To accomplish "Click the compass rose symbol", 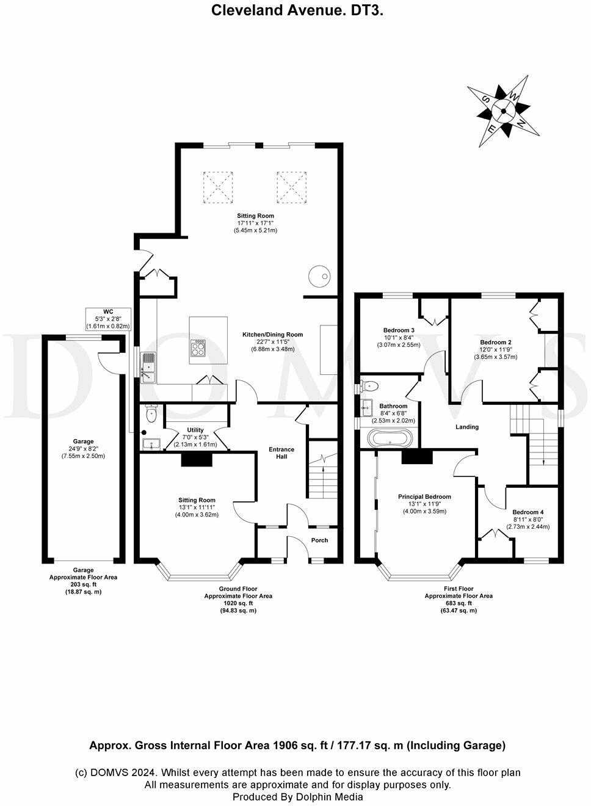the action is pyautogui.click(x=503, y=111).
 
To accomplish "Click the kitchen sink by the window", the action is pyautogui.click(x=148, y=367).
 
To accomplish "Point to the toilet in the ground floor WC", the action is pyautogui.click(x=151, y=414).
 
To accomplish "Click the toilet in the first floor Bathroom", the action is pyautogui.click(x=369, y=386).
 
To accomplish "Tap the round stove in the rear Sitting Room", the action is pyautogui.click(x=319, y=276).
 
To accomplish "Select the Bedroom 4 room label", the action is pyautogui.click(x=528, y=512).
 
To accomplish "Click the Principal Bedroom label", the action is pyautogui.click(x=424, y=496).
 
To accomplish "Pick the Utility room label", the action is pyautogui.click(x=195, y=430).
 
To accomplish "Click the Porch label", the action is pyautogui.click(x=319, y=540).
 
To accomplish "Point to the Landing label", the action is pyautogui.click(x=467, y=427).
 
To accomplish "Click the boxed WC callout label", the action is pyautogui.click(x=108, y=319).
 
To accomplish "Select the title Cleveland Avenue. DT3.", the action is pyautogui.click(x=297, y=10).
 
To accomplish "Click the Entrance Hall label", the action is pyautogui.click(x=281, y=453).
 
